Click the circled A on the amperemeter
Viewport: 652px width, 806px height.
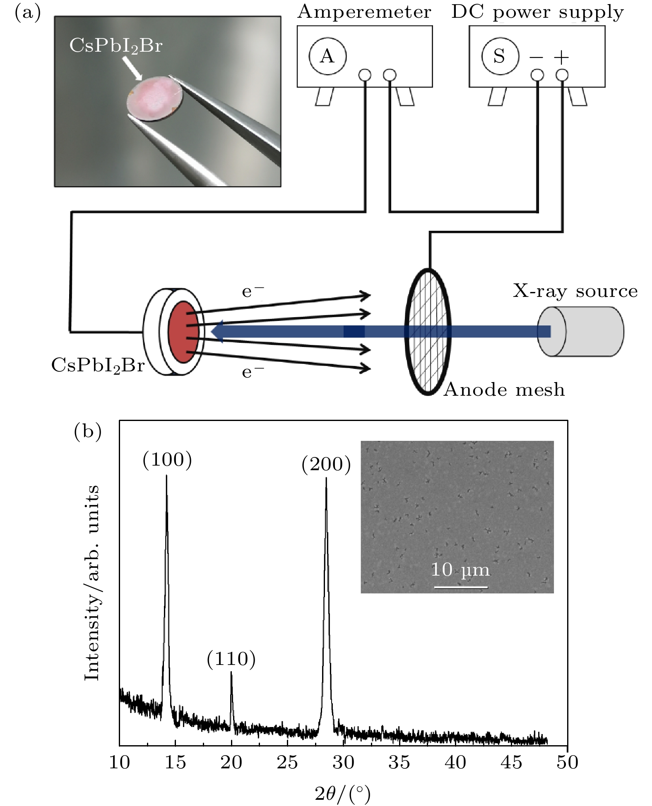pos(327,56)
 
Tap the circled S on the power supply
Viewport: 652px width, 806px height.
pos(500,56)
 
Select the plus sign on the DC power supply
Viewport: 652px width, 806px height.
pos(561,57)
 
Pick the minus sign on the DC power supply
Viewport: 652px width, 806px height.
pos(536,57)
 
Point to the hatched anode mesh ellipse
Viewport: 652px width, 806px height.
pos(428,331)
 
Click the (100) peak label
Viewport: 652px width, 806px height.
pos(167,460)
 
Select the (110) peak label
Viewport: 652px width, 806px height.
pos(231,659)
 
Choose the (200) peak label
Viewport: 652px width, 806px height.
pos(326,464)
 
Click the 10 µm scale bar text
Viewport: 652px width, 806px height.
pos(460,570)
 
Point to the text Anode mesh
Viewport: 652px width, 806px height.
pos(504,390)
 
